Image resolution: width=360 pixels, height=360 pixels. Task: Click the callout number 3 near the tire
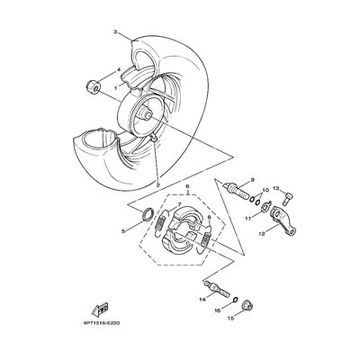click(x=115, y=31)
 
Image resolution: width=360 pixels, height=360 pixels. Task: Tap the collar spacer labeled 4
click(x=92, y=85)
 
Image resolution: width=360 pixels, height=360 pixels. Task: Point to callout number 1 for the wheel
click(x=115, y=88)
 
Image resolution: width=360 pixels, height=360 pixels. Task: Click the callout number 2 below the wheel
click(x=158, y=184)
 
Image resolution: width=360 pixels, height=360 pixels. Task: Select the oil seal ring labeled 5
click(x=148, y=214)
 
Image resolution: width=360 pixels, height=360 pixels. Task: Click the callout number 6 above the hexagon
click(x=188, y=186)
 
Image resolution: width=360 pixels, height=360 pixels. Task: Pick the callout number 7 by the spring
click(x=179, y=204)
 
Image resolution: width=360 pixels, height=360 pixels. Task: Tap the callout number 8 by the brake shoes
click(x=209, y=217)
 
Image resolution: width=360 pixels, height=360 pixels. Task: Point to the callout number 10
click(x=265, y=190)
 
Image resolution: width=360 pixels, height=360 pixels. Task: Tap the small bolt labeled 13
click(x=288, y=198)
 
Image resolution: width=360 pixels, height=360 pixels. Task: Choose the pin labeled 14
click(x=217, y=288)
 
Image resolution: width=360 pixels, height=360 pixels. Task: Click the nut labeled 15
click(x=247, y=306)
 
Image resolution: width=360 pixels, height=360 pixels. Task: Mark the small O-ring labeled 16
click(x=236, y=300)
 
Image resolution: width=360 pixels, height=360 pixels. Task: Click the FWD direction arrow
click(x=100, y=309)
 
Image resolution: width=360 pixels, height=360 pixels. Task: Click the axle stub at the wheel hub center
click(x=147, y=114)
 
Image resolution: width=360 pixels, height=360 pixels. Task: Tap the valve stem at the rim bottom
click(x=154, y=138)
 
